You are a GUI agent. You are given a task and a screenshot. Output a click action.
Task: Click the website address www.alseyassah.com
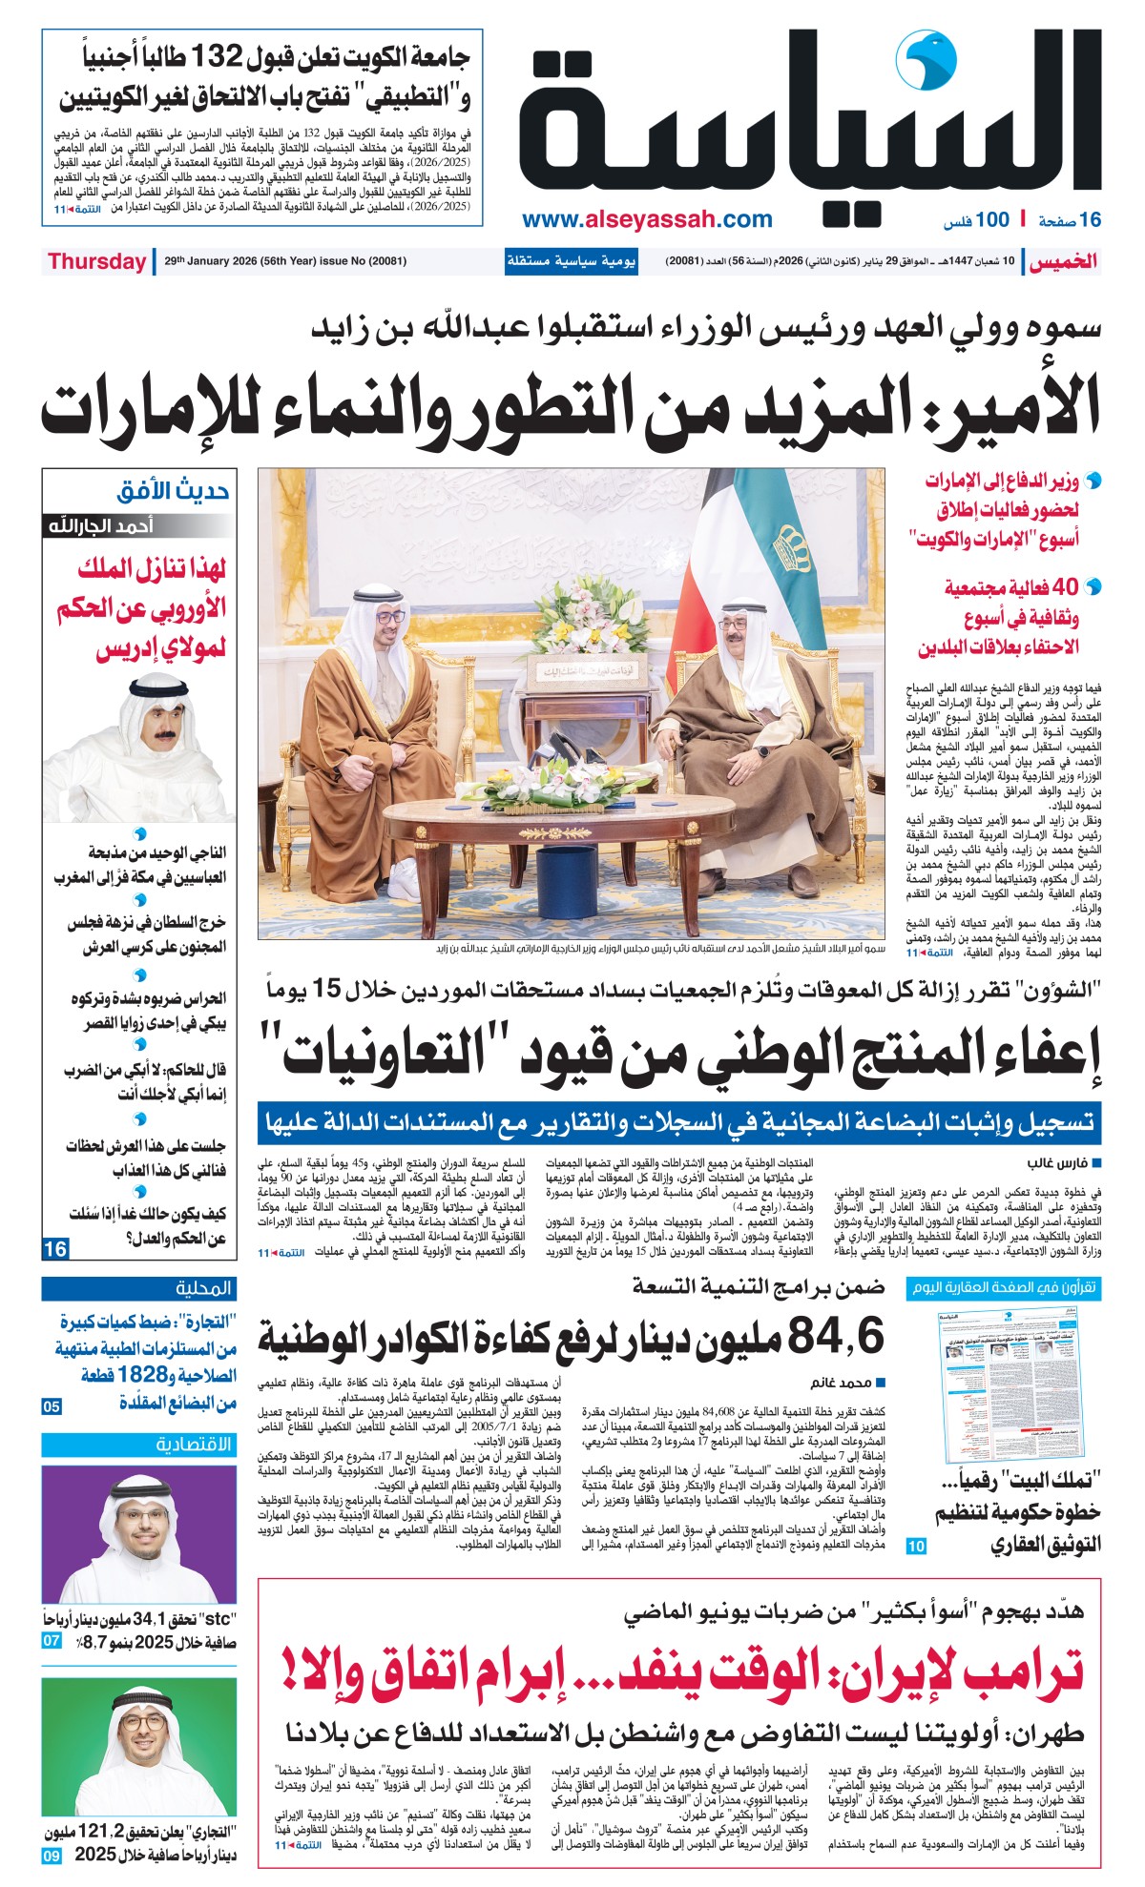[647, 220]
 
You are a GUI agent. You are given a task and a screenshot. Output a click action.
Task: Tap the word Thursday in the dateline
[96, 261]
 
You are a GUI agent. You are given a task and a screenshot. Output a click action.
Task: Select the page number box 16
[55, 1248]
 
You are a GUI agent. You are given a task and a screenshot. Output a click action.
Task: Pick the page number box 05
[52, 1406]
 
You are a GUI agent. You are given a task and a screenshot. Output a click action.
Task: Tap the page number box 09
[52, 1856]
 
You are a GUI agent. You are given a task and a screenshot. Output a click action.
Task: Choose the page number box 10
[916, 1547]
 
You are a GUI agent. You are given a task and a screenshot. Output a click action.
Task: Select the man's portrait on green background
[139, 1749]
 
